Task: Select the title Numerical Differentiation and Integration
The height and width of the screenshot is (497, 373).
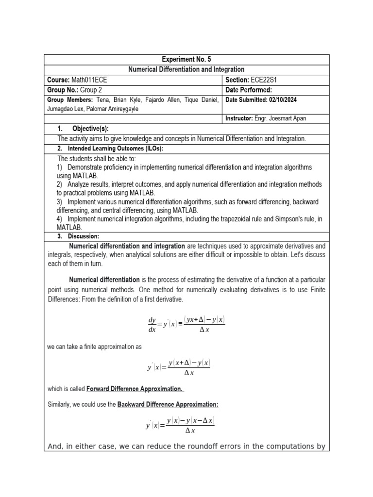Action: [186, 70]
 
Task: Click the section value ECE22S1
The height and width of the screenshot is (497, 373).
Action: [268, 80]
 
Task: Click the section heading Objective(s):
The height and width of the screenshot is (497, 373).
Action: [90, 129]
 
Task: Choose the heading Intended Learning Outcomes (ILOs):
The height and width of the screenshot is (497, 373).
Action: [122, 149]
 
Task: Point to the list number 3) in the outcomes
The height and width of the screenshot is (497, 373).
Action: [60, 201]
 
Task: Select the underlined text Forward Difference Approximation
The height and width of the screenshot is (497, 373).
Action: [135, 389]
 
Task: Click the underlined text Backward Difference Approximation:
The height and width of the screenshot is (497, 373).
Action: [168, 405]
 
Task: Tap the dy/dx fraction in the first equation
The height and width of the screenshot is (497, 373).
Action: [152, 325]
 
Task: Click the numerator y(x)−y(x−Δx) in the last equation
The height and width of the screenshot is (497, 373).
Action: [190, 421]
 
